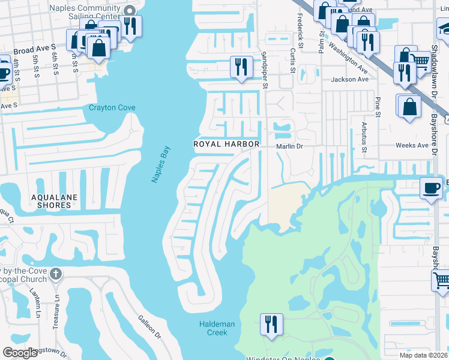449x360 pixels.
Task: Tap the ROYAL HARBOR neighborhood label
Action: [x=226, y=145]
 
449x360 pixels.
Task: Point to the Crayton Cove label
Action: [x=112, y=108]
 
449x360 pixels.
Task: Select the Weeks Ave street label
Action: [x=412, y=146]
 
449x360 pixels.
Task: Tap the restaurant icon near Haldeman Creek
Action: [x=271, y=324]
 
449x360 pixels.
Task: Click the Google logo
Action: [x=20, y=353]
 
